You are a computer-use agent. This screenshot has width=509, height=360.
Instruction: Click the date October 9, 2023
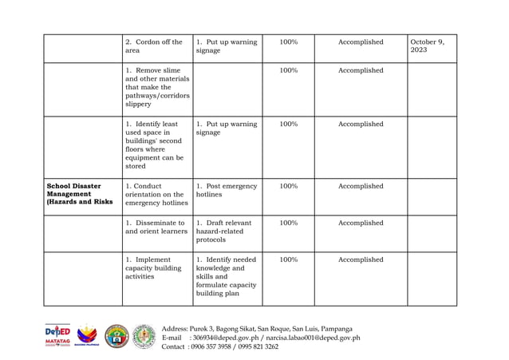428,46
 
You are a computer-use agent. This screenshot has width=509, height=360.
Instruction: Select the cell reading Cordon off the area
154,46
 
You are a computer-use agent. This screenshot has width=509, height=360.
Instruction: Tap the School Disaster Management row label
80,194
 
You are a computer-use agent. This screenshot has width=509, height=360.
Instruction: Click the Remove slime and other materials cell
157,87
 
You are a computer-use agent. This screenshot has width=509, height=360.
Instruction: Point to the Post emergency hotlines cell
226,190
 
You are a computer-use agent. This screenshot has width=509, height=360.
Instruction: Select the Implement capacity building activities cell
154,268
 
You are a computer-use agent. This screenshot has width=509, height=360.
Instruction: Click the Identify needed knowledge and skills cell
226,276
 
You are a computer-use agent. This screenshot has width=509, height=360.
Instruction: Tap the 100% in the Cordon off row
289,42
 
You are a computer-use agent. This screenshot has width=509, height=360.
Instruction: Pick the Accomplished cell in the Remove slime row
361,71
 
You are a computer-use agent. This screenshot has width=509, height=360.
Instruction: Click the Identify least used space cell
154,145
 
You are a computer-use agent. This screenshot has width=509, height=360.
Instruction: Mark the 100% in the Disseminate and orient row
289,224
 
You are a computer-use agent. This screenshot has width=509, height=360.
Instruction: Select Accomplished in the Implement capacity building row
361,260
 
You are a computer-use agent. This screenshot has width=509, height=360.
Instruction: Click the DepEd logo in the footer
57,335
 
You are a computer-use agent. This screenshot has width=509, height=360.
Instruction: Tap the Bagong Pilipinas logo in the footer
88,335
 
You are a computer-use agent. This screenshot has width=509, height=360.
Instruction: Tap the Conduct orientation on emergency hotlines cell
155,194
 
